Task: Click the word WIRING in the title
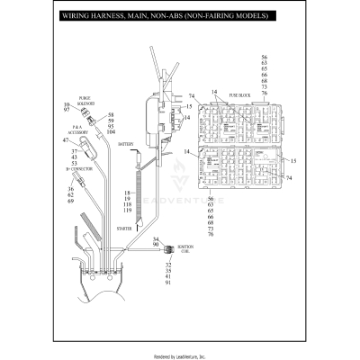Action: pos(76,16)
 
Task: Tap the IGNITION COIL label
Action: pos(185,247)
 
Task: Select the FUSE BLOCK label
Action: pos(239,94)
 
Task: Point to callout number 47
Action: pos(66,139)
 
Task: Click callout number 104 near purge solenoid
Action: pos(111,132)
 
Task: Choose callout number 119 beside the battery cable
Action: pos(128,210)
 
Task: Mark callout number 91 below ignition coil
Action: pos(168,283)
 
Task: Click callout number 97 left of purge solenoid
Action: pos(66,112)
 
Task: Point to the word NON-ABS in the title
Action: pos(157,16)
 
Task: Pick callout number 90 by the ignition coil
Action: pos(156,245)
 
